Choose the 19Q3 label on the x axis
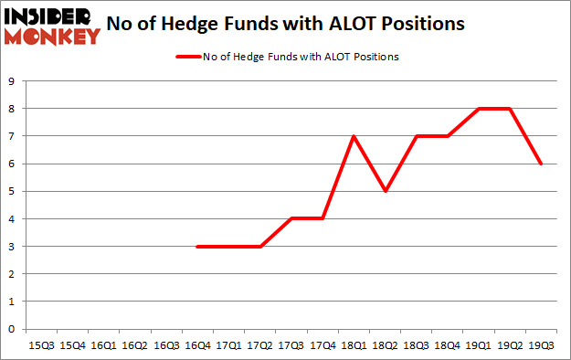click(541, 345)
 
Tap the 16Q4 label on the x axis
click(196, 345)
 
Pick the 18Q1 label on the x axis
click(353, 345)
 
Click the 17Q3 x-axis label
click(291, 345)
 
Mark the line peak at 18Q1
click(353, 136)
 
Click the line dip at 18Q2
click(385, 191)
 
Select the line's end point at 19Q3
click(541, 164)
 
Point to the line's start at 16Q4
click(196, 247)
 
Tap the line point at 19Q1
click(479, 109)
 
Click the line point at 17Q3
click(291, 218)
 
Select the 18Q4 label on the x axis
click(447, 345)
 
